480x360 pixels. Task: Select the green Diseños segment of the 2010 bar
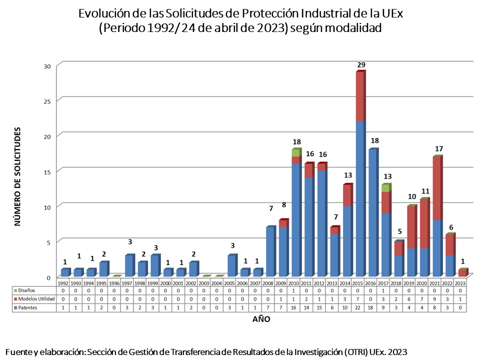[x=295, y=152]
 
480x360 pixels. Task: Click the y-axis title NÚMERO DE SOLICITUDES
[x=17, y=176]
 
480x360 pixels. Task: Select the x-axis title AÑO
[x=260, y=319]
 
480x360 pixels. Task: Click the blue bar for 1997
[x=129, y=265]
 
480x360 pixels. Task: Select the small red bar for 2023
[x=462, y=273]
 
